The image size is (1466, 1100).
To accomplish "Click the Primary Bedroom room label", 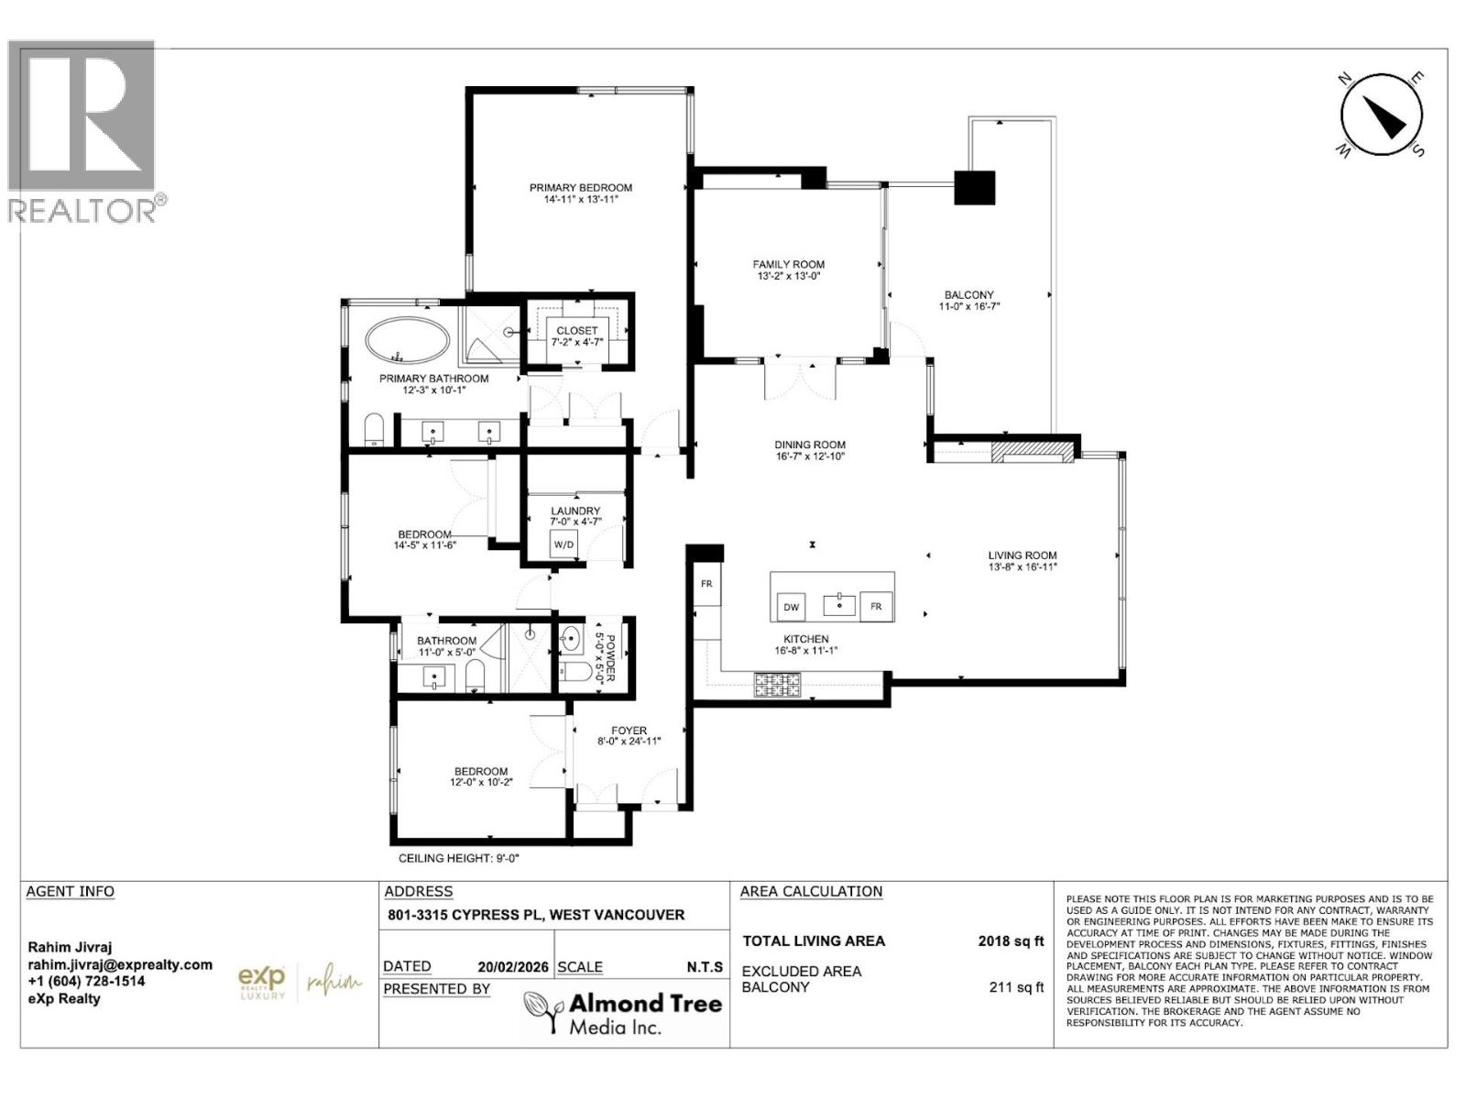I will (x=581, y=188).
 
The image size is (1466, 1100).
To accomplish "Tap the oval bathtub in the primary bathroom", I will (x=408, y=340).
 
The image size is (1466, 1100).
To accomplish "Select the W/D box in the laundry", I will (x=563, y=544).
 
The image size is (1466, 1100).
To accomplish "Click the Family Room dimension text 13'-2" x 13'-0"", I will (x=789, y=275).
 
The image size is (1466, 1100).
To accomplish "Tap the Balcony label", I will (x=968, y=295).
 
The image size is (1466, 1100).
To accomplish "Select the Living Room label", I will (x=1022, y=555).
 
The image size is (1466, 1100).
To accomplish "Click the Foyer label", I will (x=629, y=731).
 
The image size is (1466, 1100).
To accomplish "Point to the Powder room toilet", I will (x=574, y=672).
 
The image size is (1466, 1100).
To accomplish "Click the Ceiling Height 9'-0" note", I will (x=459, y=859).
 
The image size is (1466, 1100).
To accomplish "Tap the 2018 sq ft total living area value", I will (x=1010, y=940).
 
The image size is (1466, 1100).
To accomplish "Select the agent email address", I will (x=119, y=964).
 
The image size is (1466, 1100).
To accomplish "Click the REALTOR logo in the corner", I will (x=84, y=131).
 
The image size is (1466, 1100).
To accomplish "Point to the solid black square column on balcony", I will (x=974, y=188).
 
